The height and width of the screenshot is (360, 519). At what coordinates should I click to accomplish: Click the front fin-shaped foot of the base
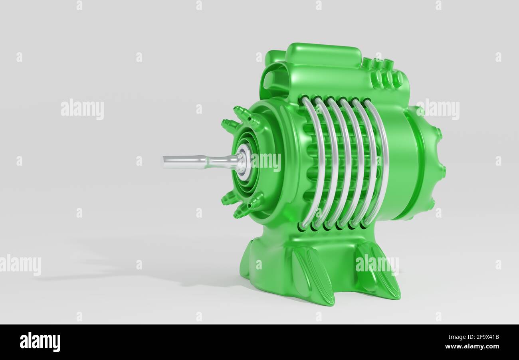tap(313, 275)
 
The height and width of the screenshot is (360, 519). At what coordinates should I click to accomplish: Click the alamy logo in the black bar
tap(40, 342)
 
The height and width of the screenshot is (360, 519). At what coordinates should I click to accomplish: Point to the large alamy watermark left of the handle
tap(82, 109)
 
